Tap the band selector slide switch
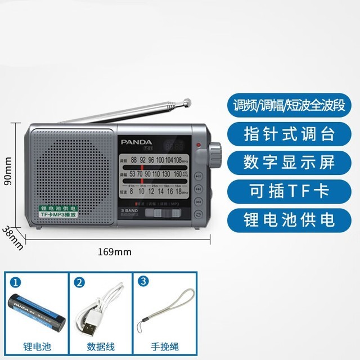160,213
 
